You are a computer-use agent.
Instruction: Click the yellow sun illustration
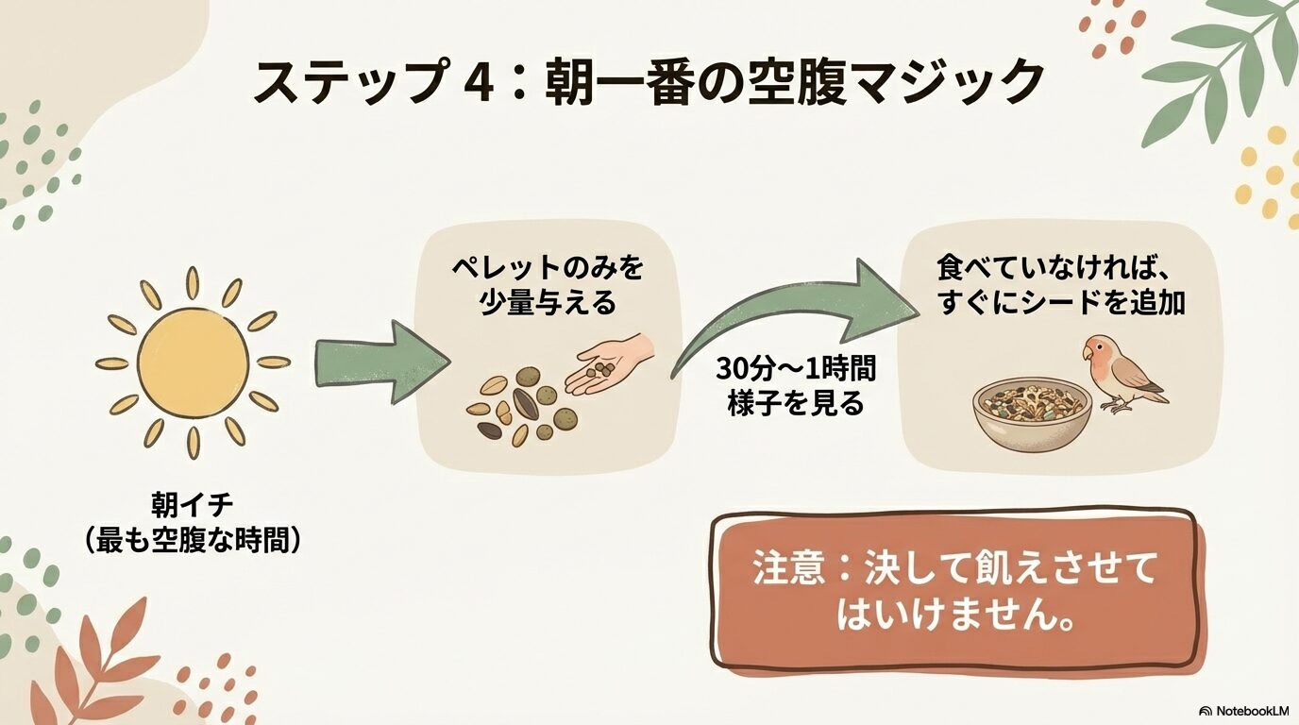[x=193, y=362]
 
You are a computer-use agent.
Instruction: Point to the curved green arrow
[x=784, y=312]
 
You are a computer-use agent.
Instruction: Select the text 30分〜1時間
[x=795, y=369]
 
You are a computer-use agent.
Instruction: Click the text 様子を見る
[x=795, y=403]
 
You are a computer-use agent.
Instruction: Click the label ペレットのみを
[x=547, y=268]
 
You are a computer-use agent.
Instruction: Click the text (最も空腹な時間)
[x=193, y=539]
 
